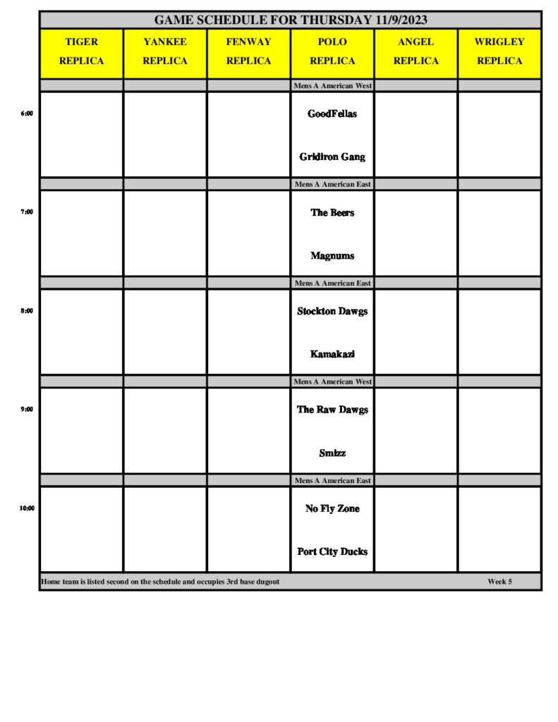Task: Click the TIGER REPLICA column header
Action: (x=81, y=51)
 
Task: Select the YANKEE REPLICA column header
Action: (x=165, y=51)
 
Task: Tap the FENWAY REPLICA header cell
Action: (x=248, y=51)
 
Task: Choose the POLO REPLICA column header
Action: (x=332, y=51)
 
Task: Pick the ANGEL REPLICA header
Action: (x=416, y=51)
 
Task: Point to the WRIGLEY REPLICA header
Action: (x=499, y=51)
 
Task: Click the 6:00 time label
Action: (x=27, y=113)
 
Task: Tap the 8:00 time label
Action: (x=27, y=310)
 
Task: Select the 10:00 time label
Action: (x=27, y=508)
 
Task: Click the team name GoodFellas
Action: (x=332, y=114)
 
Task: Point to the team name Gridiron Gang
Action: (x=332, y=157)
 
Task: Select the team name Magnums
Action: (x=332, y=256)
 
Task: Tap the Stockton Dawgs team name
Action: (x=332, y=311)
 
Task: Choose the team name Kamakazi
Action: (x=332, y=354)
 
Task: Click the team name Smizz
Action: (x=332, y=453)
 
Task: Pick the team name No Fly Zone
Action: (x=332, y=508)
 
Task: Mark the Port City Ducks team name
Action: (x=332, y=551)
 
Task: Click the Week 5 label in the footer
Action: (x=499, y=582)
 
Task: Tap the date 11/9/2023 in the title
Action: (x=396, y=20)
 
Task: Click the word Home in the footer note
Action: (x=50, y=582)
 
